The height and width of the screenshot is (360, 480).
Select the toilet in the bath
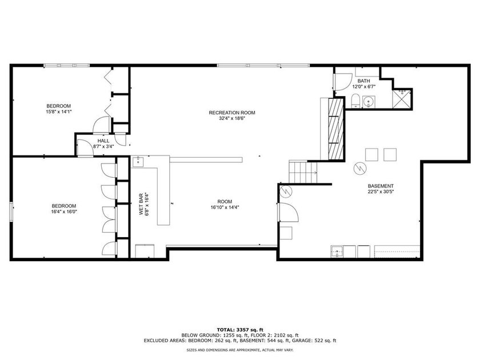[355, 102]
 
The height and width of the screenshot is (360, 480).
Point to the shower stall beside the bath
[403, 98]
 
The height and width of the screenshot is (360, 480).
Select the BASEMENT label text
[380, 186]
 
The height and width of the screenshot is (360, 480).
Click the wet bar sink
[139, 162]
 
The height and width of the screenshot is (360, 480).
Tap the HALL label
[103, 141]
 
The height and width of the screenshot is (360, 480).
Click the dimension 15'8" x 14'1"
[58, 112]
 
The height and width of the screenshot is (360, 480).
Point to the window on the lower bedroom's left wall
[11, 210]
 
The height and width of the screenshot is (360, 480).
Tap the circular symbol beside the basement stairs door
[287, 190]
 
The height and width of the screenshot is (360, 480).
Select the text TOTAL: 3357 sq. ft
[239, 330]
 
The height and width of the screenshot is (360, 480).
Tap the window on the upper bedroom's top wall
[67, 66]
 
